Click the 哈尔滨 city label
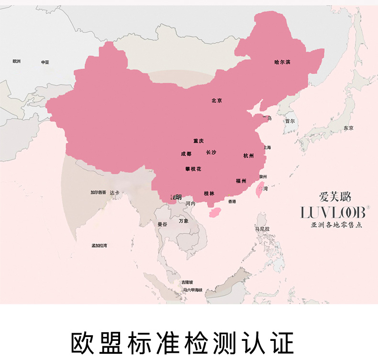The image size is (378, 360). point(282,62)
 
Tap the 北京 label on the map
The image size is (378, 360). point(217,101)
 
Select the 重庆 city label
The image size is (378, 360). point(199,141)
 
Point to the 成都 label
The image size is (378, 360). point(186,154)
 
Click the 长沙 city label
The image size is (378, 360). point(211,152)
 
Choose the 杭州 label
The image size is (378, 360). point(249,156)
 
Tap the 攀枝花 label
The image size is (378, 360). point(193,169)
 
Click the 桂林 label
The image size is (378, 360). point(209,193)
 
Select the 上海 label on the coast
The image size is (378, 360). point(267,147)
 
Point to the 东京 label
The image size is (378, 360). point(348,128)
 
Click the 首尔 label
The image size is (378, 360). point(290,121)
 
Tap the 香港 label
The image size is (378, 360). point(232,202)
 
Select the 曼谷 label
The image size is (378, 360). point(163,224)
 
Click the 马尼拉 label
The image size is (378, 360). point(262,229)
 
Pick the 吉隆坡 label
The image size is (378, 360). point(187,282)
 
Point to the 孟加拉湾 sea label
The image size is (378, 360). point(100,245)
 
